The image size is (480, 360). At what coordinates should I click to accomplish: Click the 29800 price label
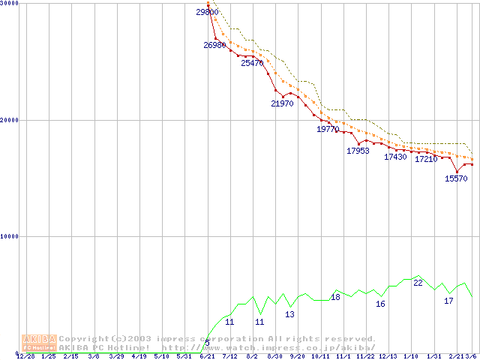pos(207,12)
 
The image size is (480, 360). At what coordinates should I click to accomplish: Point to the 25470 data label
pos(252,64)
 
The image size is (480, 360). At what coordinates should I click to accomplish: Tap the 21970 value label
pos(282,104)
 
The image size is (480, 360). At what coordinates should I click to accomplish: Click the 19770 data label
pos(328,130)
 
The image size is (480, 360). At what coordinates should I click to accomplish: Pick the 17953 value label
pos(358,151)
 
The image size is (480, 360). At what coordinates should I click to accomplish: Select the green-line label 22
pos(418,283)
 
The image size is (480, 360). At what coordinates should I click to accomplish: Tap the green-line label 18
pos(335,297)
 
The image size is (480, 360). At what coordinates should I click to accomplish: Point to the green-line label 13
pos(289,314)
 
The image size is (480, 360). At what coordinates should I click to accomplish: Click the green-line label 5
pos(207,343)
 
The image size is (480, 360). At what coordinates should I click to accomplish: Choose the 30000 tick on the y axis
pos(10,4)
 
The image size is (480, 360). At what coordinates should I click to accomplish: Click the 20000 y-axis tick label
pos(10,120)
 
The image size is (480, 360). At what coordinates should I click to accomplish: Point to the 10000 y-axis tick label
pos(10,236)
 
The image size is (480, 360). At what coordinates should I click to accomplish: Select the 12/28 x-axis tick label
pos(25,356)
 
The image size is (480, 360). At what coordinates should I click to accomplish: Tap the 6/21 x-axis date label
pos(207,356)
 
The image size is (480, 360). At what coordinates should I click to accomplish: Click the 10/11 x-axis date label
pos(320,356)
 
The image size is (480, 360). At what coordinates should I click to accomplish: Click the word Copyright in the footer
pos(84,338)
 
